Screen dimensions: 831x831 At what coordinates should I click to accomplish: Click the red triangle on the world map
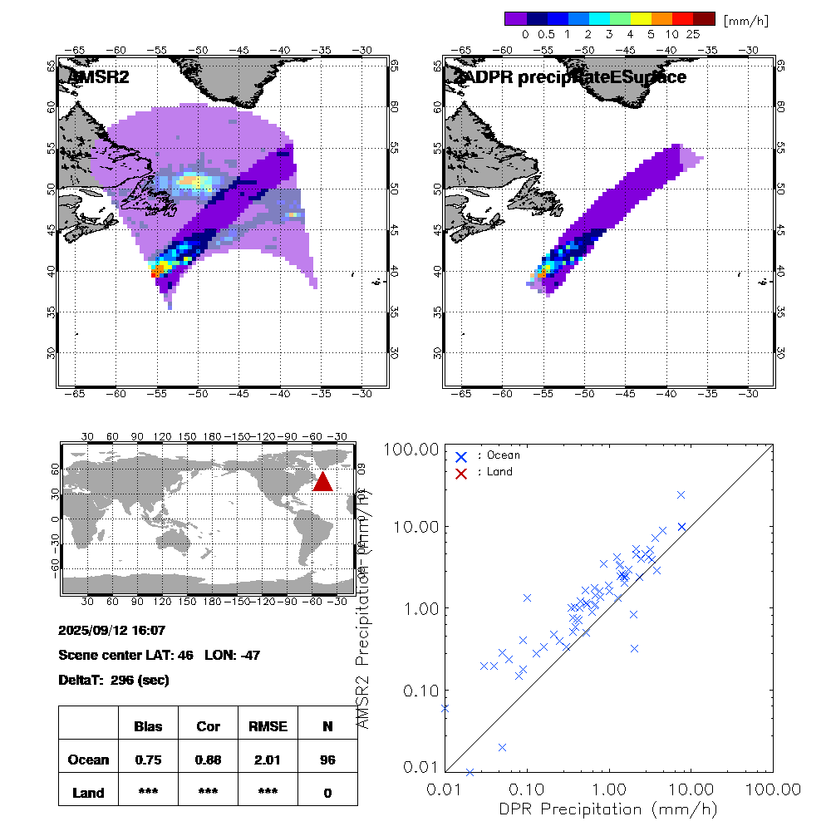[323, 481]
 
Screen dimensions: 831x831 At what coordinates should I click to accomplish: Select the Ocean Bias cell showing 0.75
[148, 760]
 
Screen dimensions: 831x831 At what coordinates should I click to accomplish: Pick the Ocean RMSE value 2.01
[268, 760]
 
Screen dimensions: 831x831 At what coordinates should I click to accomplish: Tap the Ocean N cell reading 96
[327, 760]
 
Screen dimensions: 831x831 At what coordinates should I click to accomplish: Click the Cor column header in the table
[208, 726]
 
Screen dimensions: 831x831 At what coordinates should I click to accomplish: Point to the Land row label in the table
[88, 793]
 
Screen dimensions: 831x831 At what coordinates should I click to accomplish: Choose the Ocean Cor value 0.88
[208, 760]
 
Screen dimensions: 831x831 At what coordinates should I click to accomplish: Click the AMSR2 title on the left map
[99, 77]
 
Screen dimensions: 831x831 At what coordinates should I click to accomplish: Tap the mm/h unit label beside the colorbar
[746, 20]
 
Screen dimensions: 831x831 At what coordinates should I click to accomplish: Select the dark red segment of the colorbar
[704, 18]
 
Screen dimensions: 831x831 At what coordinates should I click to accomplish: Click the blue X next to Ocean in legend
[461, 456]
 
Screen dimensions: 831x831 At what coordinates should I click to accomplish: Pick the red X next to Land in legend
[461, 472]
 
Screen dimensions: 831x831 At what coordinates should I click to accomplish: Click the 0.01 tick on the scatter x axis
[446, 788]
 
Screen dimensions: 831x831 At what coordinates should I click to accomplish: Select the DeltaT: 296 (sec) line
[114, 680]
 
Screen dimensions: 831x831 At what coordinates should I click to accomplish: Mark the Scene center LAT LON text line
[160, 655]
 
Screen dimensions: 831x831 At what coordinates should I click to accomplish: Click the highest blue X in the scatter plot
[681, 494]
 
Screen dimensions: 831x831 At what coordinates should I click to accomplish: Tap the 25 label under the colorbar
[693, 35]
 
